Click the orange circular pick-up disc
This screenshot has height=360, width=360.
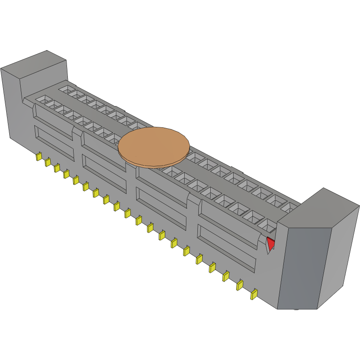point(154,146)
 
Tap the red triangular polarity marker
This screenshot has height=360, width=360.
point(271,243)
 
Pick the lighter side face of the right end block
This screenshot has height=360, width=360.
point(339,256)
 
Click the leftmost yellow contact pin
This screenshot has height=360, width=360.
point(38,156)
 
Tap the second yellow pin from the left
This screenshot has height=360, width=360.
point(48,162)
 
